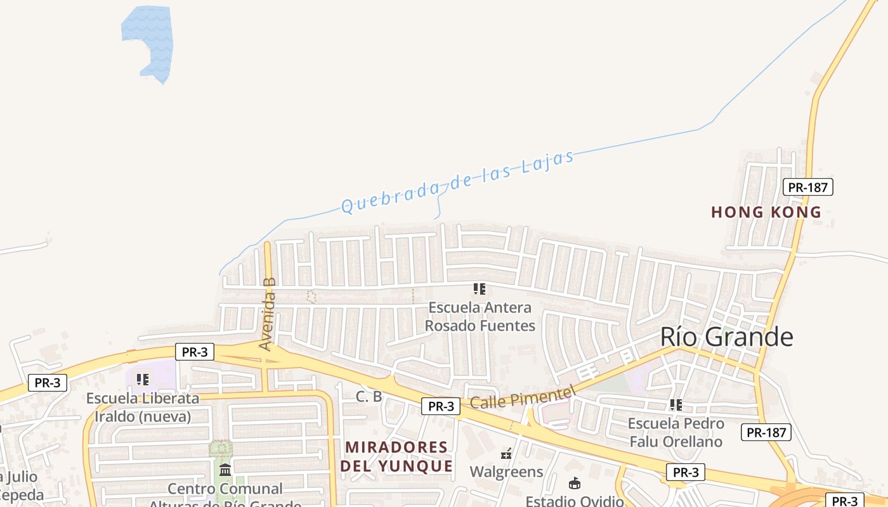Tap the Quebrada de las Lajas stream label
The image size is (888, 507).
(457, 182)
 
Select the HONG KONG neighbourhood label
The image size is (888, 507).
(766, 212)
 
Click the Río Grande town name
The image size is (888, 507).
(726, 337)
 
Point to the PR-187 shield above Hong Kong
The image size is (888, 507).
(807, 187)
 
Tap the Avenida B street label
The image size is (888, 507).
(269, 314)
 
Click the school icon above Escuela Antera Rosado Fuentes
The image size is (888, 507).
(480, 289)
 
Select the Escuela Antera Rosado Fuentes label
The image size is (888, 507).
(480, 316)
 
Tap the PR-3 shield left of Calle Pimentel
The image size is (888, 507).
(440, 406)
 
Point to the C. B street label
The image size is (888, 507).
(369, 397)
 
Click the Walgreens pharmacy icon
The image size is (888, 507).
(506, 454)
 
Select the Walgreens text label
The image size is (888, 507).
(506, 472)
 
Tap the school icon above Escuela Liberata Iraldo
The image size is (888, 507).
(143, 379)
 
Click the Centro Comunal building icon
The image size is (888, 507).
(225, 470)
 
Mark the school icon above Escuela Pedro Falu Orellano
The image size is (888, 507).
(676, 404)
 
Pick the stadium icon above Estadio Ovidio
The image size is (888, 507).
(575, 484)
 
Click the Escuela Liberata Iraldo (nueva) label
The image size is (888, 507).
(143, 408)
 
